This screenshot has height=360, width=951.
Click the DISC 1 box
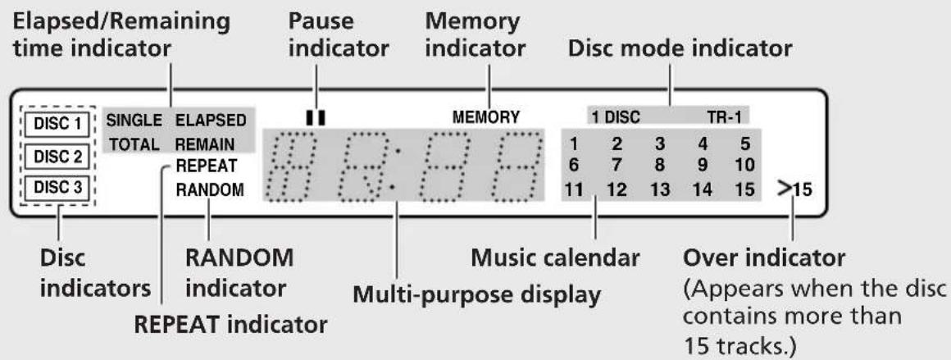coord(57,124)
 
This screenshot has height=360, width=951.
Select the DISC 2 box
coord(57,156)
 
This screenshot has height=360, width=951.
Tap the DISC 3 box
coord(57,187)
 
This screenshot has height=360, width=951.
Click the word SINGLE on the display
coord(134,121)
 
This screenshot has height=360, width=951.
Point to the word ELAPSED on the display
coord(211,121)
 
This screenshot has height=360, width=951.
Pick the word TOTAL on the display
coord(134,144)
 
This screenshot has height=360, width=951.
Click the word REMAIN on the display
coord(205,144)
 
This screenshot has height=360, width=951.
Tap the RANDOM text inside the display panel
coord(210,190)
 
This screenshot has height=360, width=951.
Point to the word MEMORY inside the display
coord(486,117)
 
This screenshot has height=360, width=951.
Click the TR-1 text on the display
coord(729,117)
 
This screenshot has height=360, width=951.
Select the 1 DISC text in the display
coord(617,117)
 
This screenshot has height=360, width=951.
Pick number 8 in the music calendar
coord(660,165)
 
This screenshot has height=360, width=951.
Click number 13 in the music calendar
coord(660,190)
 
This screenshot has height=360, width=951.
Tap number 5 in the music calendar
coord(745,144)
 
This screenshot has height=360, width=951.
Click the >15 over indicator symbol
coord(795,190)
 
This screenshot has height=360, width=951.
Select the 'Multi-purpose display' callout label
coord(476,295)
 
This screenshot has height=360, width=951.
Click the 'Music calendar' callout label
coord(556,258)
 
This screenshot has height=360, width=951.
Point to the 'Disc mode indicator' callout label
coord(680,48)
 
